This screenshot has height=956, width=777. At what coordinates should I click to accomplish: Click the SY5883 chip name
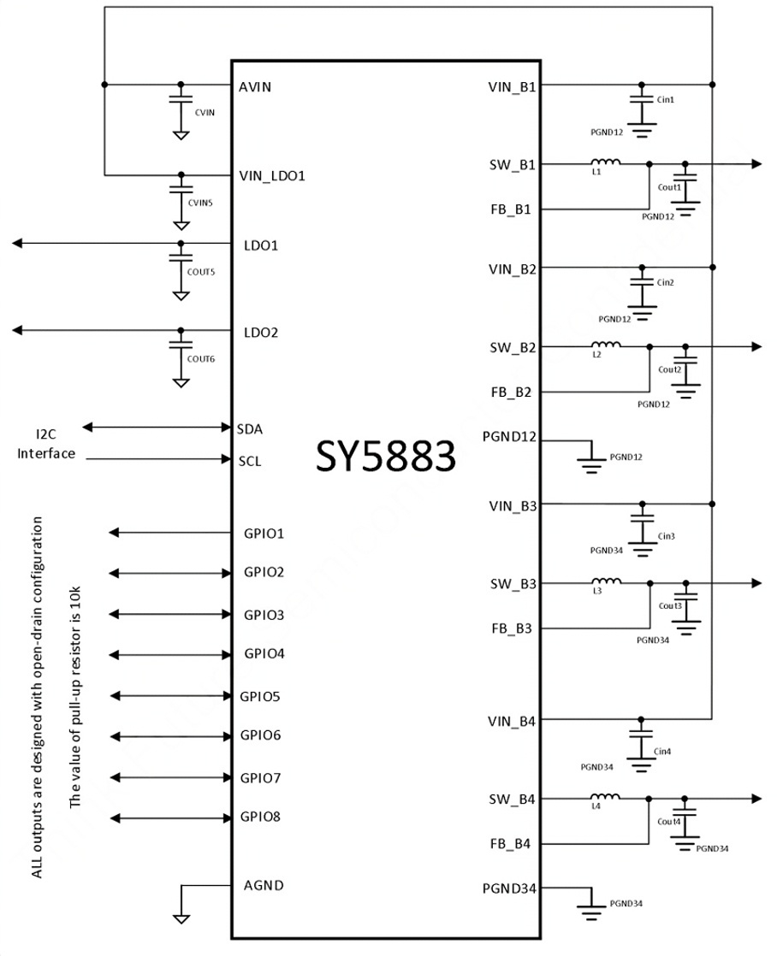coord(385,456)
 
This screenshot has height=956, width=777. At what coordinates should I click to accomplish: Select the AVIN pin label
coord(255,86)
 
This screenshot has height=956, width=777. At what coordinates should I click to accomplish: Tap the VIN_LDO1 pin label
coord(271,176)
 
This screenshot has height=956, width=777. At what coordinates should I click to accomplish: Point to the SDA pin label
coord(250,429)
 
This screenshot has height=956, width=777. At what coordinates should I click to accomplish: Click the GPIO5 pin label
coord(260,696)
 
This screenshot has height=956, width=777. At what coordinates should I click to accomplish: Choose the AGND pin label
coord(264,885)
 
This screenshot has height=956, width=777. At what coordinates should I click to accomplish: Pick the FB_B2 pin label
coord(511,392)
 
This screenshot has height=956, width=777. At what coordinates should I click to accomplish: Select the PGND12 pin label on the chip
coord(509,437)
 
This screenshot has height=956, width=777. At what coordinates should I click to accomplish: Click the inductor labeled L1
coord(606,162)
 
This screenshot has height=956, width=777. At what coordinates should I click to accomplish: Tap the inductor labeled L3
coord(607,581)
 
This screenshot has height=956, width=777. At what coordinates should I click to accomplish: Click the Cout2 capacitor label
coord(669,369)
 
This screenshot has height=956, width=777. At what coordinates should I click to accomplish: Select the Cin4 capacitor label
coord(662,751)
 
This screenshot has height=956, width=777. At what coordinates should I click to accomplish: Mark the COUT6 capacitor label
coord(201,359)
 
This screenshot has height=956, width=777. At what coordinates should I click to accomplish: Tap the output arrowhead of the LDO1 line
coord(17,243)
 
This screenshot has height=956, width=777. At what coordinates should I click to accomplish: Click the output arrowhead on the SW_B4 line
coord(756,798)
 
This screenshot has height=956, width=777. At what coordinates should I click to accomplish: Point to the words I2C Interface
coord(46,444)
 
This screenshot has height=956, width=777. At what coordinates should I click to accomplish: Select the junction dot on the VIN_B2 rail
coord(712,267)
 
